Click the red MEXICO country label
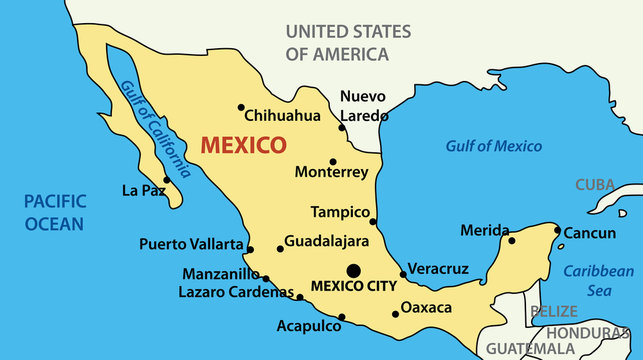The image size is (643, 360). pos(243,145)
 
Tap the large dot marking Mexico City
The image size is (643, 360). pos(353,269)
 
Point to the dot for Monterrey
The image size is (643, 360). pos(333,161)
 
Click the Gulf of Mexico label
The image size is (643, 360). pos(493,146)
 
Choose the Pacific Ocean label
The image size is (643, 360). pos(54,212)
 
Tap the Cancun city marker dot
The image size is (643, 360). pos(558,230)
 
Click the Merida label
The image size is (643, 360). pos(484,231)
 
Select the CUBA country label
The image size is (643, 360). pos(594,185)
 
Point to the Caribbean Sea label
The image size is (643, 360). pos(598,280)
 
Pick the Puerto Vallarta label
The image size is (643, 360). pos(191,244)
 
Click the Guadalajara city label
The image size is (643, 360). pos(327,242)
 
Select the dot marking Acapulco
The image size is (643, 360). pos(342,318)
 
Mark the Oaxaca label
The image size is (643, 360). pos(426,307)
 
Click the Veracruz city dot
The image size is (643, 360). pos(403,274)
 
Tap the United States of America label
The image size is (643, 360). pos(347,43)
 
